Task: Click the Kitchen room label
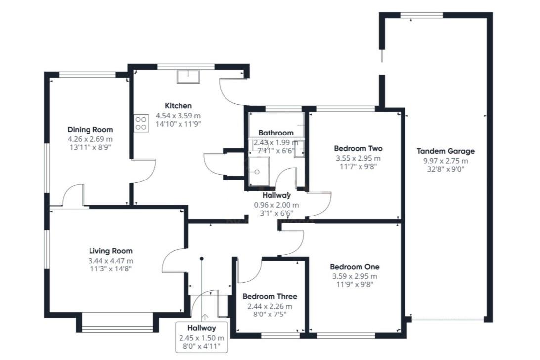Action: (178, 106)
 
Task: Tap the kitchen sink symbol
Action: (189, 76)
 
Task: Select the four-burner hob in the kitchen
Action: (141, 123)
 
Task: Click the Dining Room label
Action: (90, 130)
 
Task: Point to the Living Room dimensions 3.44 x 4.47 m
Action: (111, 261)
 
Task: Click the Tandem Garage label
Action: (445, 151)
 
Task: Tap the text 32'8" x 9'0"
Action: (445, 169)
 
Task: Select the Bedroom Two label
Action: (358, 148)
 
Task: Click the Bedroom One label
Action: (355, 267)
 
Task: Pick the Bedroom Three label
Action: (270, 296)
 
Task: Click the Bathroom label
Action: (275, 133)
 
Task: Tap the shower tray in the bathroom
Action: (258, 172)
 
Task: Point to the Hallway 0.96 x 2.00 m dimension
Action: (276, 205)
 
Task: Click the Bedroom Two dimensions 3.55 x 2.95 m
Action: (358, 158)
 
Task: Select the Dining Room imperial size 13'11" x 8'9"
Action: (90, 147)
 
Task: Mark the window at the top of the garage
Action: (414, 16)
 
